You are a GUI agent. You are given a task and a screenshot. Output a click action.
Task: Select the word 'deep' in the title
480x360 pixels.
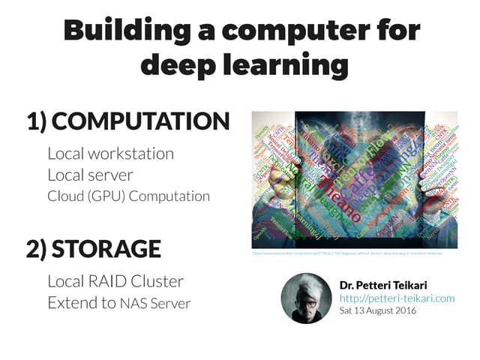tap(176, 65)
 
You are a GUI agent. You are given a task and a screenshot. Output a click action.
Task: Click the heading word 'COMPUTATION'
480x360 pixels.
tap(140, 121)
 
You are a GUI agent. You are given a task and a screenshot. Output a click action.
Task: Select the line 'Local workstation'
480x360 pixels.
tap(110, 154)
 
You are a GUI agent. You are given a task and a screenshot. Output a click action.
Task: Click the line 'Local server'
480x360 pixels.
tap(90, 175)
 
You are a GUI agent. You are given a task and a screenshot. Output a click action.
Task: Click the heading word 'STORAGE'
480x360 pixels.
tap(106, 249)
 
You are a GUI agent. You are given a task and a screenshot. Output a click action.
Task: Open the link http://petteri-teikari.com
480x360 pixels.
tap(397, 298)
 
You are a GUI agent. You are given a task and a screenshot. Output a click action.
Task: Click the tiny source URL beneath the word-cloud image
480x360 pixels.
tap(347, 253)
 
